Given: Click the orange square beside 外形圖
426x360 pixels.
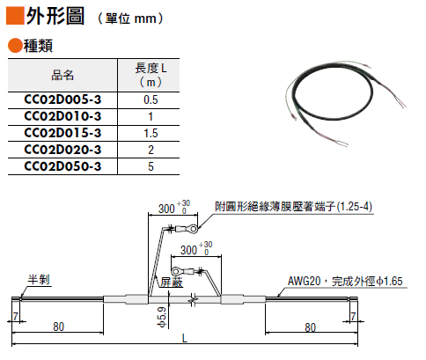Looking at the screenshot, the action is (15, 16).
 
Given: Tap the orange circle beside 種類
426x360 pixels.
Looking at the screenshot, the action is (15, 46).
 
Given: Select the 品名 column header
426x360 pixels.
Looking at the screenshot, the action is (62, 75).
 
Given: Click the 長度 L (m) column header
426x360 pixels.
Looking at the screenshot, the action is (151, 75).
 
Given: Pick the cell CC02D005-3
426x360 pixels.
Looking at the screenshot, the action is (62, 99).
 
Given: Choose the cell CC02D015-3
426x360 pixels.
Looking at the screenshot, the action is (62, 133).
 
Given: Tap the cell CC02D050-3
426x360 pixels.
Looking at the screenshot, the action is (62, 166).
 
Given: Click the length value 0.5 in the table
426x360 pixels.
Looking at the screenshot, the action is (151, 100).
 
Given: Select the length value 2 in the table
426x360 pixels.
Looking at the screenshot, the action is (151, 150).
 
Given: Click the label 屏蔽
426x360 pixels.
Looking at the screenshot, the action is (172, 282).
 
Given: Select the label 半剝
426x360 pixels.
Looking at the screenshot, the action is (39, 279).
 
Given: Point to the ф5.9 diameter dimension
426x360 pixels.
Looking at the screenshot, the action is (162, 317).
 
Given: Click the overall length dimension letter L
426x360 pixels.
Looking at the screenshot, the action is (184, 338).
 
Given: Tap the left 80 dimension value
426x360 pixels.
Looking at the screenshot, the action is (58, 327).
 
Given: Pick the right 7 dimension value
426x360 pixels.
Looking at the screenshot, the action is (353, 316).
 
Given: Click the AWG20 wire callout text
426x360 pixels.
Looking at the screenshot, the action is (345, 281).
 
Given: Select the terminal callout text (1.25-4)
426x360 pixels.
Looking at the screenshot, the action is (355, 207).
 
